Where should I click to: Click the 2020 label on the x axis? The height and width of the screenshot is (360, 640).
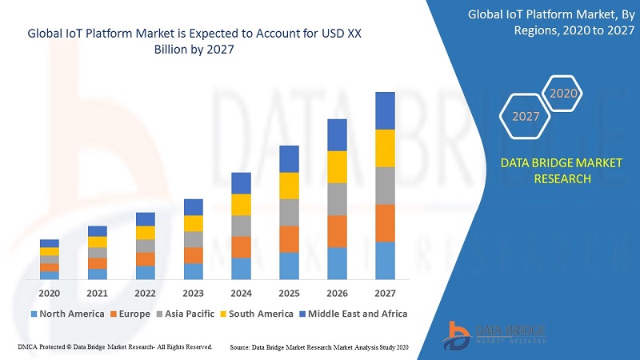pyautogui.click(x=50, y=292)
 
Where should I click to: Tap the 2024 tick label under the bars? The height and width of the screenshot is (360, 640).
pyautogui.click(x=241, y=292)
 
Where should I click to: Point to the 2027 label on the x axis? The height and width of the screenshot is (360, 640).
pyautogui.click(x=385, y=292)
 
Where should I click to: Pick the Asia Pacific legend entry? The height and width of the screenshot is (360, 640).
pyautogui.click(x=190, y=314)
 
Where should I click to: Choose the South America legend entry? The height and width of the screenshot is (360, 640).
pyautogui.click(x=260, y=314)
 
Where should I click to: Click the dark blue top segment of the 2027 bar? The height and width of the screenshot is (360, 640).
pyautogui.click(x=385, y=110)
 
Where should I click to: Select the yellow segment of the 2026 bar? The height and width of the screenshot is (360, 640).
pyautogui.click(x=337, y=166)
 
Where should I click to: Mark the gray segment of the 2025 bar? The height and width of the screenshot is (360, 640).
pyautogui.click(x=289, y=212)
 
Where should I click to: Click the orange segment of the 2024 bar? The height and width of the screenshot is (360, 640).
pyautogui.click(x=241, y=247)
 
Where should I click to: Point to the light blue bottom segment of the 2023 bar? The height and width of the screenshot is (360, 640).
pyautogui.click(x=193, y=271)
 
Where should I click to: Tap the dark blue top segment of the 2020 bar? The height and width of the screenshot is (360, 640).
pyautogui.click(x=50, y=243)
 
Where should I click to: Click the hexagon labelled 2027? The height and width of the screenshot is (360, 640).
pyautogui.click(x=526, y=116)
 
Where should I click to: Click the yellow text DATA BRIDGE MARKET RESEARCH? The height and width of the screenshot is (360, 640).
pyautogui.click(x=562, y=171)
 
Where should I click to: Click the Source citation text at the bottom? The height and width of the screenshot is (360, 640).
pyautogui.click(x=319, y=347)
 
